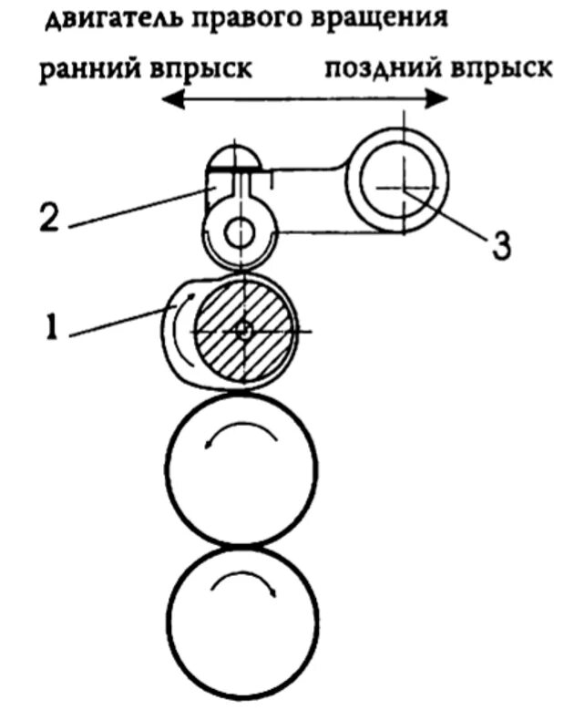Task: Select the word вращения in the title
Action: pos(381,19)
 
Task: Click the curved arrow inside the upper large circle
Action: pos(241,435)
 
